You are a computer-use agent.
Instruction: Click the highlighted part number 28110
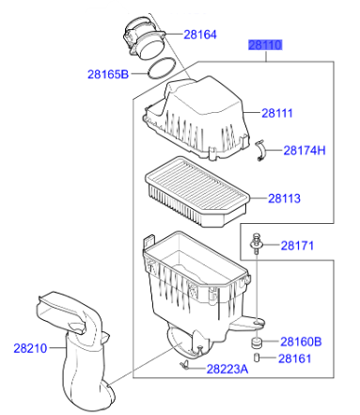265,45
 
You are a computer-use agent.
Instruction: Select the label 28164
200,35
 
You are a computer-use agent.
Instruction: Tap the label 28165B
108,74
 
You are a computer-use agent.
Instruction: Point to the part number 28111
277,113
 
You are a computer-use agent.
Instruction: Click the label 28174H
305,151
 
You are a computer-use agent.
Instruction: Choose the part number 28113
284,199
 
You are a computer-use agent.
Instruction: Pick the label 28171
297,246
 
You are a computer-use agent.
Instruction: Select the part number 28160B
301,342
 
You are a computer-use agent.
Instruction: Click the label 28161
294,359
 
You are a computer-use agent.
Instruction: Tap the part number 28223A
227,369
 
